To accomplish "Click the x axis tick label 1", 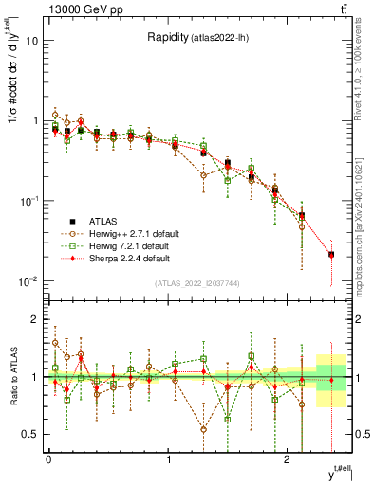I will [x=168, y=459].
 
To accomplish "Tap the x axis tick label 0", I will [x=48, y=459].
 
